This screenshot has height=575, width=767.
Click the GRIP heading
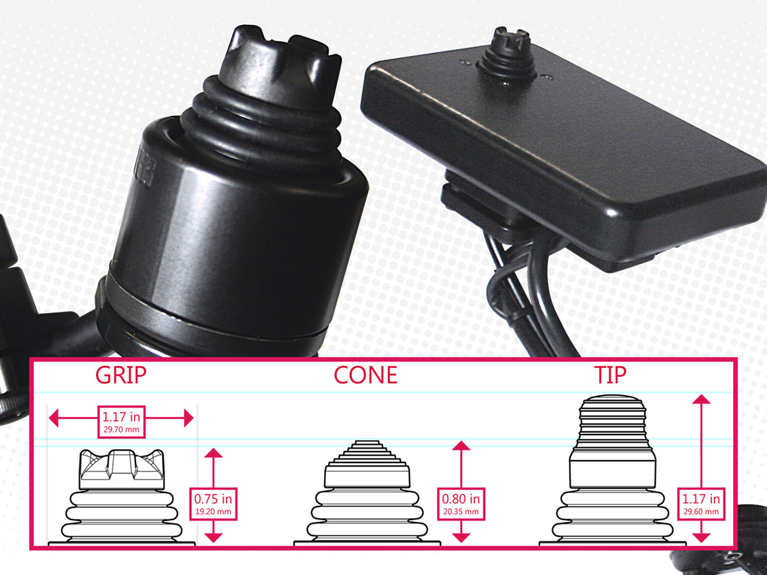[121, 375]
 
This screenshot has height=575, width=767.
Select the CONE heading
[366, 375]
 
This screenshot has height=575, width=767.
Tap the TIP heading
[610, 375]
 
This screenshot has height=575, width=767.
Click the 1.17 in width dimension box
[121, 422]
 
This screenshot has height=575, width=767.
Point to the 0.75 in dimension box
[213, 504]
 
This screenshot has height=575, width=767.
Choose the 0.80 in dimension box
[461, 504]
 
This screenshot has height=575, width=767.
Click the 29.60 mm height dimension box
[701, 504]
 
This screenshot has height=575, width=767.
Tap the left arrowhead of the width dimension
[54, 418]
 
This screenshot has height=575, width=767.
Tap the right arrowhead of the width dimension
[189, 418]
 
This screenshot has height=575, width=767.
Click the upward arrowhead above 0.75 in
[213, 453]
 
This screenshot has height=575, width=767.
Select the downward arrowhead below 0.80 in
[461, 538]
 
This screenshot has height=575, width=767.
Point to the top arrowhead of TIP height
[701, 399]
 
